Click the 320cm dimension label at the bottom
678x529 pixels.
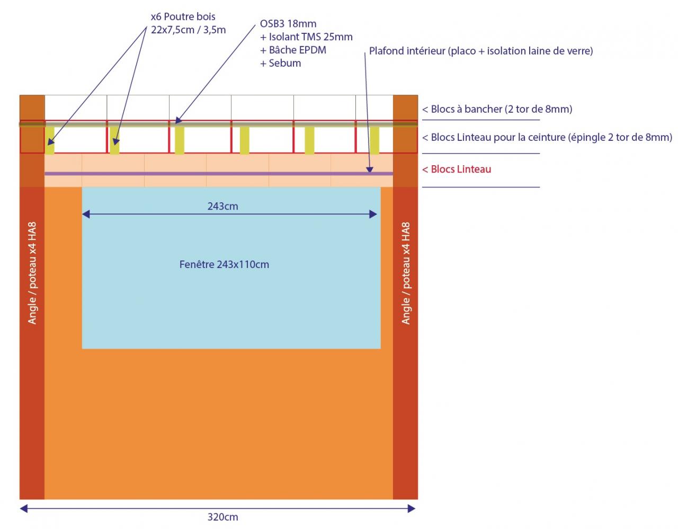click(x=222, y=517)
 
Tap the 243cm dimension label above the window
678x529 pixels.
click(x=222, y=207)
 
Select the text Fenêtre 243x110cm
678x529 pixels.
click(x=224, y=264)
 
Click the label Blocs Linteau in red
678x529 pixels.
click(x=457, y=169)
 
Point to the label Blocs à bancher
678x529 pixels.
click(x=497, y=109)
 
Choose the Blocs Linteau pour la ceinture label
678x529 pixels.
click(x=547, y=138)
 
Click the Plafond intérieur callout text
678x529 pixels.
click(x=481, y=51)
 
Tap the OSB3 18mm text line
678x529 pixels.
click(x=288, y=24)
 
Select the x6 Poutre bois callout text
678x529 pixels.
click(x=183, y=17)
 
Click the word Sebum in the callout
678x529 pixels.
click(x=285, y=64)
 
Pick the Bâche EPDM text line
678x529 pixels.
click(x=293, y=50)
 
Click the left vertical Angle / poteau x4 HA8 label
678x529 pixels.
click(x=32, y=273)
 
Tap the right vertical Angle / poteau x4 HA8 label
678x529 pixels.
click(x=406, y=273)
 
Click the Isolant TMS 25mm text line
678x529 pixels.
click(x=306, y=37)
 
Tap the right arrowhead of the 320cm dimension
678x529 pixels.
click(x=412, y=509)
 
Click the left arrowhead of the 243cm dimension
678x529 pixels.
click(x=86, y=214)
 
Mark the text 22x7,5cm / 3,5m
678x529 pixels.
click(x=189, y=30)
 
